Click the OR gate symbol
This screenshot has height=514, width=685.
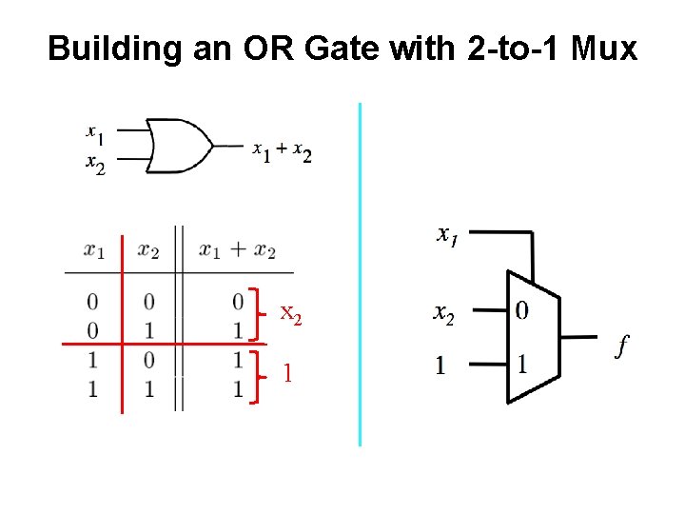pyautogui.click(x=181, y=146)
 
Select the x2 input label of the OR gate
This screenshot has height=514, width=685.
pyautogui.click(x=95, y=166)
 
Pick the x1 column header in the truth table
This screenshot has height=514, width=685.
pyautogui.click(x=94, y=251)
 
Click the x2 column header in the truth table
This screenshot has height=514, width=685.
pyautogui.click(x=148, y=251)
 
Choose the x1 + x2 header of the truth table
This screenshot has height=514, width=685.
pyautogui.click(x=237, y=251)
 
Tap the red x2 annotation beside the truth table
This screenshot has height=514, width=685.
pyautogui.click(x=291, y=313)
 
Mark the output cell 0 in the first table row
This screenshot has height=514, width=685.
pyautogui.click(x=237, y=302)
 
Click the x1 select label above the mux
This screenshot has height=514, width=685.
pyautogui.click(x=446, y=234)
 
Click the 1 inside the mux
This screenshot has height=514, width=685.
pyautogui.click(x=521, y=364)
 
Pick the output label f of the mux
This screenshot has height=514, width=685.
pyautogui.click(x=621, y=345)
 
